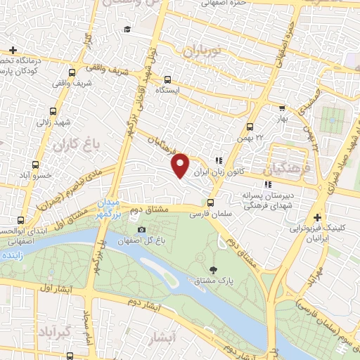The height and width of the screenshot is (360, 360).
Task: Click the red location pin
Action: (x=181, y=165)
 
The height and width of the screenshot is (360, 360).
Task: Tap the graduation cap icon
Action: (x=127, y=29)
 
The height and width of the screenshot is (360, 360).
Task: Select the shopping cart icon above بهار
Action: (x=282, y=109)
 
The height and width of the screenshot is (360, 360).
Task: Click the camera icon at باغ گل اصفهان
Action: (x=142, y=230)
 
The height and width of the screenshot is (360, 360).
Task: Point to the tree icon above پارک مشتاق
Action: (x=214, y=269)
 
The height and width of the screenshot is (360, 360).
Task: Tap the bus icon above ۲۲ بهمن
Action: (x=250, y=127)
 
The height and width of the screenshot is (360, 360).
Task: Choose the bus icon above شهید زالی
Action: (x=54, y=111)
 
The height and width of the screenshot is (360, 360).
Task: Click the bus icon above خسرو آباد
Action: (x=47, y=162)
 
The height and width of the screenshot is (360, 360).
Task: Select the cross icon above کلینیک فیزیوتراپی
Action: (x=317, y=217)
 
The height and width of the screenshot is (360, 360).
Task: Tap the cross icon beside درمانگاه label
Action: (x=13, y=50)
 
